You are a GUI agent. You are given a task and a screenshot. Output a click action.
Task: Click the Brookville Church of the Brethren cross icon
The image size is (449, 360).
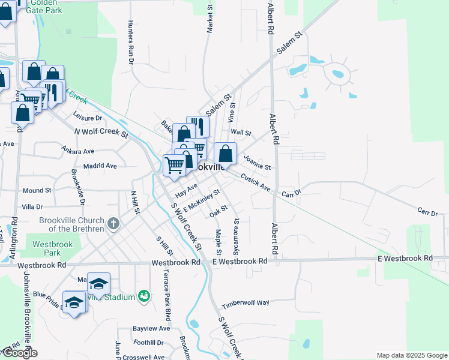point(114,224)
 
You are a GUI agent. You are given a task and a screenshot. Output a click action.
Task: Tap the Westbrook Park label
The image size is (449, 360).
point(48,248)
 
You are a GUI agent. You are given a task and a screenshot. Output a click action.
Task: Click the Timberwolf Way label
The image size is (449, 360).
point(245,303)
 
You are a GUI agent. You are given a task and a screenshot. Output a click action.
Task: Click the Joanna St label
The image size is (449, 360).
point(258,162)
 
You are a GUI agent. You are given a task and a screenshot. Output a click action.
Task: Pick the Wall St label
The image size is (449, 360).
point(241,132)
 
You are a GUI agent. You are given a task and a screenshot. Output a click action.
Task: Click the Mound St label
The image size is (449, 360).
point(37,191)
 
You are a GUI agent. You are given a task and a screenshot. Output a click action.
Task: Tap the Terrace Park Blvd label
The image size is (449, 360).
point(167,295)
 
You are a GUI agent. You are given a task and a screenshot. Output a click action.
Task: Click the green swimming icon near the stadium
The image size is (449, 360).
point(144,296)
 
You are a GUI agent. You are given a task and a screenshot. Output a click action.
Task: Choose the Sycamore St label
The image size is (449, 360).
point(236,236)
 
